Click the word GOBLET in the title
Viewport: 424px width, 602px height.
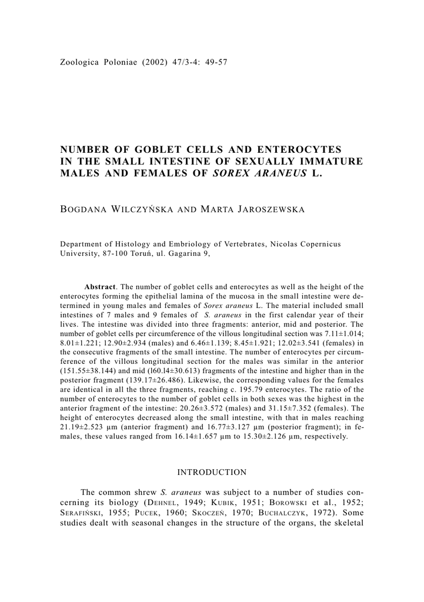click(159, 150)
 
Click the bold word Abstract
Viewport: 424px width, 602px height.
click(100, 286)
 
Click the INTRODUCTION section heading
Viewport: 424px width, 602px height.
click(212, 472)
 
